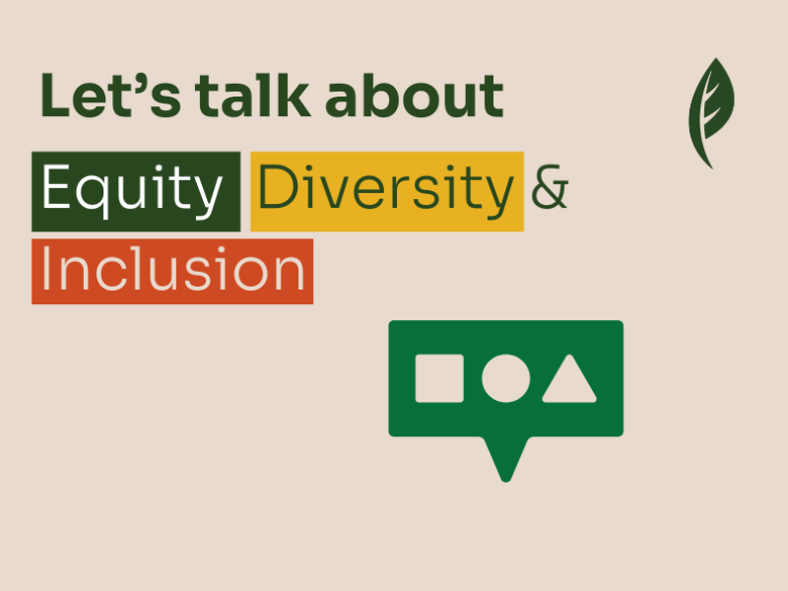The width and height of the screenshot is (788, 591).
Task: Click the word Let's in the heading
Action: pos(110,96)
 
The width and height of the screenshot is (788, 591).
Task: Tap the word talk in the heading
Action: pos(253,96)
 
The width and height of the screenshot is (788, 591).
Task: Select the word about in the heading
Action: pos(414,96)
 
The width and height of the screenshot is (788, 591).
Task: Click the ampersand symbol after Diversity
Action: pos(550,186)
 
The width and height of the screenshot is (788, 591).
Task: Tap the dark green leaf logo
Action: pos(711,113)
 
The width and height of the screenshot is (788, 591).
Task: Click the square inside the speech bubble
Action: pos(439,378)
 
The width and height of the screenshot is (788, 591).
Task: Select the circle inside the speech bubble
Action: pos(505,378)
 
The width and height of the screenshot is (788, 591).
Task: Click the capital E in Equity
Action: pos(55,186)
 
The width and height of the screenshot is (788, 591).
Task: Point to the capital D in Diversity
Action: pos(277,186)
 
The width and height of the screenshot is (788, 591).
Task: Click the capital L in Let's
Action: pos(54,96)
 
